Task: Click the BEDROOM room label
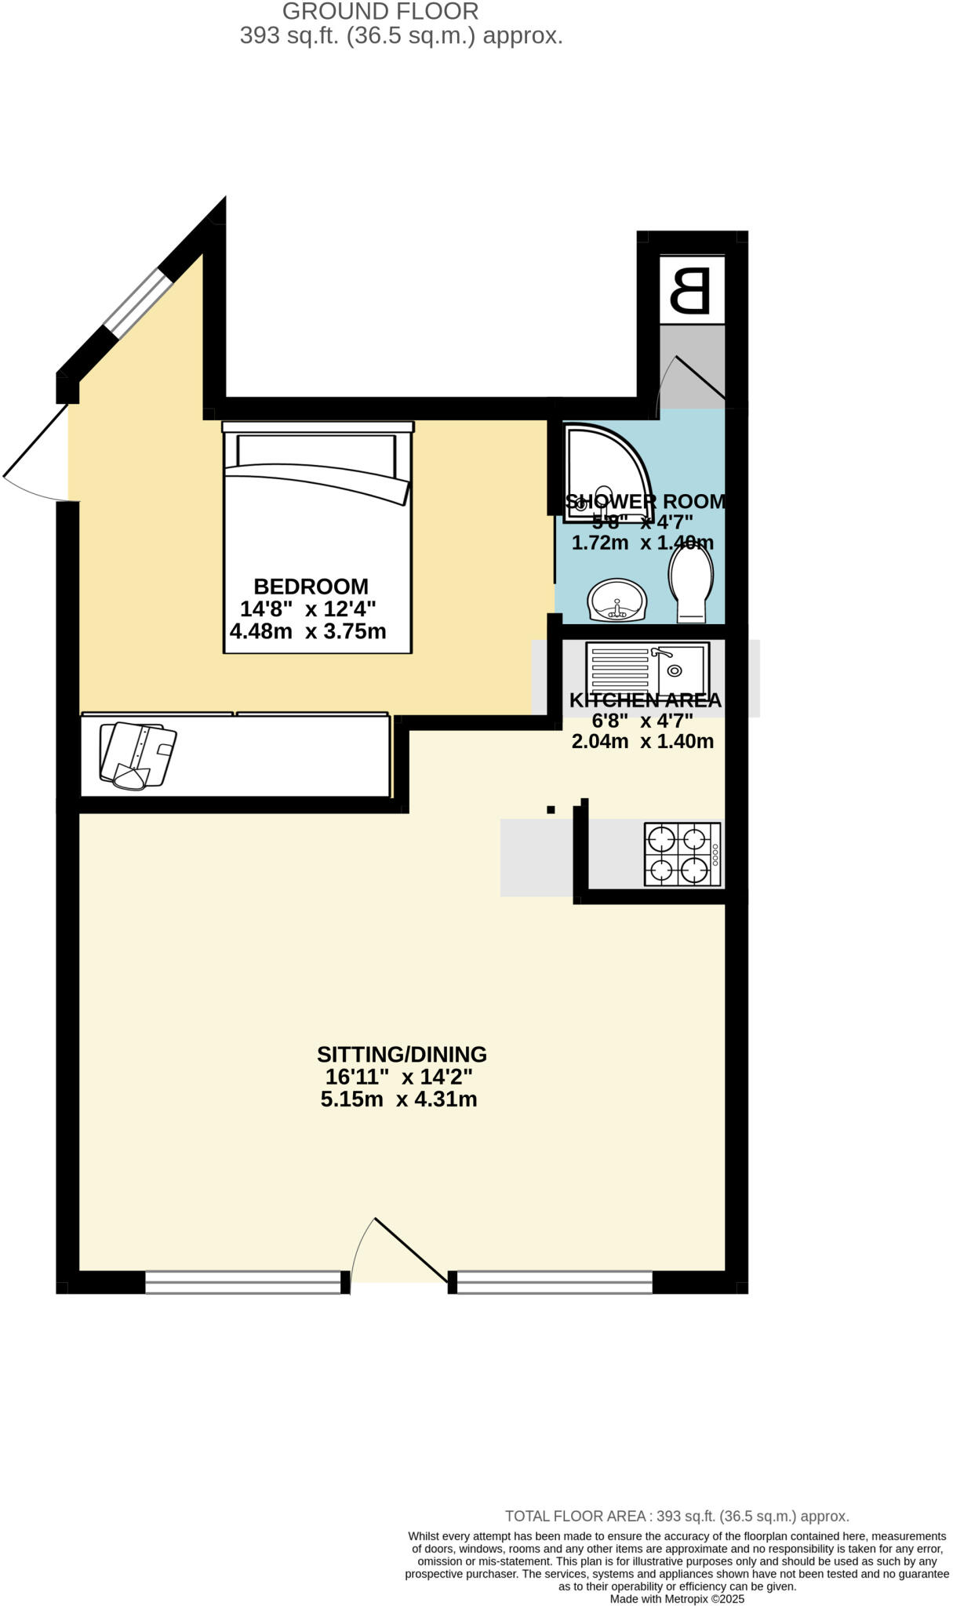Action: tap(311, 587)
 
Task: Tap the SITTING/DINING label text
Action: tap(402, 1054)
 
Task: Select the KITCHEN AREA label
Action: tap(645, 700)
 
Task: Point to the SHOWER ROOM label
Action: tap(646, 502)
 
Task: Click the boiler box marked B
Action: tap(691, 289)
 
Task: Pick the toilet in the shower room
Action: tap(691, 582)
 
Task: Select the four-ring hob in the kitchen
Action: tap(682, 854)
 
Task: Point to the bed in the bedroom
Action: tap(317, 538)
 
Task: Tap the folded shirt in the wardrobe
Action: tap(136, 755)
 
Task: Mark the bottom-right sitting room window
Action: tap(554, 1282)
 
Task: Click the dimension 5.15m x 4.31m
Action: tap(398, 1099)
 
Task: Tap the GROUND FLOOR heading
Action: tap(380, 12)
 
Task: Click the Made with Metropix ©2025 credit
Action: tap(677, 1598)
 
